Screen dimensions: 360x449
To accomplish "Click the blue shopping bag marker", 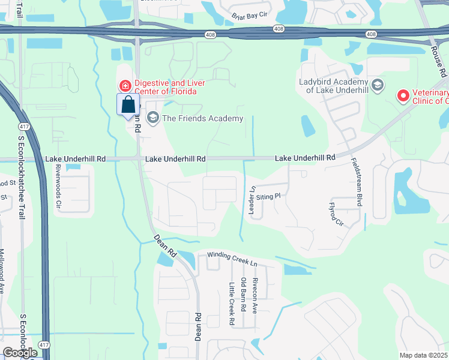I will tap(128, 105).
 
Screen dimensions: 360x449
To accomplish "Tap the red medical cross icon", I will tap(125, 86).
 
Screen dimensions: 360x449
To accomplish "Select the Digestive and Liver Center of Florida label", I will tap(170, 87).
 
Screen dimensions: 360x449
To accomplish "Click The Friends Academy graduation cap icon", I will tap(152, 118).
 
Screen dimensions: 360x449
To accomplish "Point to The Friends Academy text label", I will tap(202, 118).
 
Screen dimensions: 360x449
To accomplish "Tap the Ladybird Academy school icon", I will tap(377, 85).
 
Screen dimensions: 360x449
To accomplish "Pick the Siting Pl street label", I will tap(268, 196).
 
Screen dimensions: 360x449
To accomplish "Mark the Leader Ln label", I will tap(252, 199).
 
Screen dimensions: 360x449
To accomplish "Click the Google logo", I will tap(20, 353).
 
